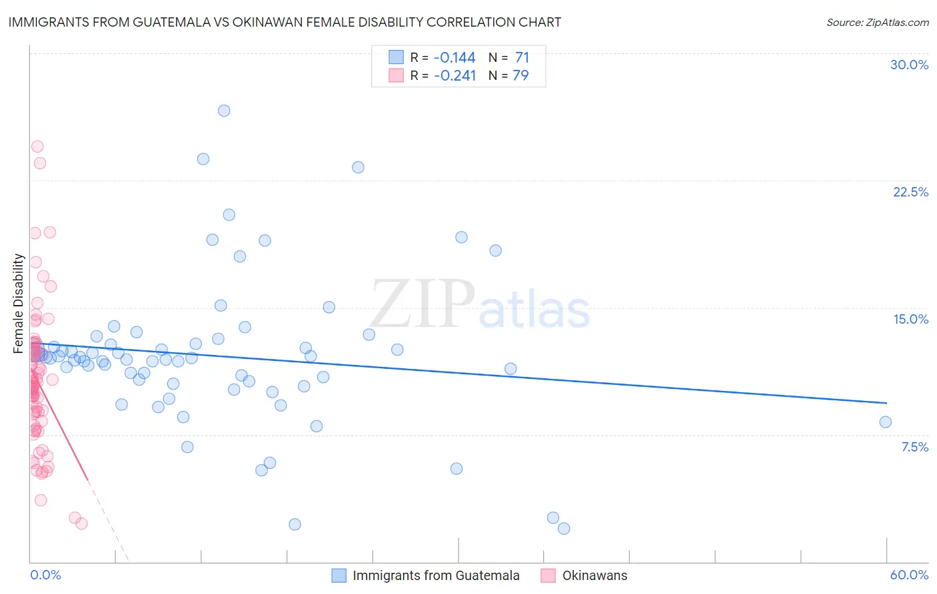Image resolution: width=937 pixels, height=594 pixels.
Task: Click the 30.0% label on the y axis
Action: (909, 65)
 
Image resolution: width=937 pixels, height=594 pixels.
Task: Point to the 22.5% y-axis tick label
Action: (910, 192)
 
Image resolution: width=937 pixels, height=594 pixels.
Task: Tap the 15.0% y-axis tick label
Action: (910, 319)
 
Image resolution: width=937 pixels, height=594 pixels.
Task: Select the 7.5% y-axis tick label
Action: (914, 447)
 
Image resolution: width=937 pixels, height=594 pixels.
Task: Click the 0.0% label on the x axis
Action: (45, 575)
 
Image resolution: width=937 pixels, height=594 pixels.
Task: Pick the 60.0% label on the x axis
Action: (909, 575)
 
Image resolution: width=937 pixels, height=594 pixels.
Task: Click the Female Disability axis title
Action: (19, 303)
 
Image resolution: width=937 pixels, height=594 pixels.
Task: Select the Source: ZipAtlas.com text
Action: (877, 22)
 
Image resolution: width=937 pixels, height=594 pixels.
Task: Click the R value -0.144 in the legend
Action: (455, 58)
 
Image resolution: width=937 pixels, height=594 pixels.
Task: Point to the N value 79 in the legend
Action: (520, 75)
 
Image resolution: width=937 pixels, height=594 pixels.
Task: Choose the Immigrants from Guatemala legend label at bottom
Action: (436, 575)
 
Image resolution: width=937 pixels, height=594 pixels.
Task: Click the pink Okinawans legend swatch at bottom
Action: (548, 575)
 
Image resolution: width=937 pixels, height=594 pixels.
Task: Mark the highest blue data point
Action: (224, 111)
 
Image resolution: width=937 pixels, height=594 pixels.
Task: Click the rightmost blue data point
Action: (885, 422)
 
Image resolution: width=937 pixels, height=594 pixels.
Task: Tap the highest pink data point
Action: (37, 147)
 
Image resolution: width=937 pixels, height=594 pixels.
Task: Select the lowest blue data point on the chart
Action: (564, 528)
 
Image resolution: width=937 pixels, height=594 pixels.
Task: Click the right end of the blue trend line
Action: (886, 403)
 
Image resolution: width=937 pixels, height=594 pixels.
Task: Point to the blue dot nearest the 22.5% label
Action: (358, 167)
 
